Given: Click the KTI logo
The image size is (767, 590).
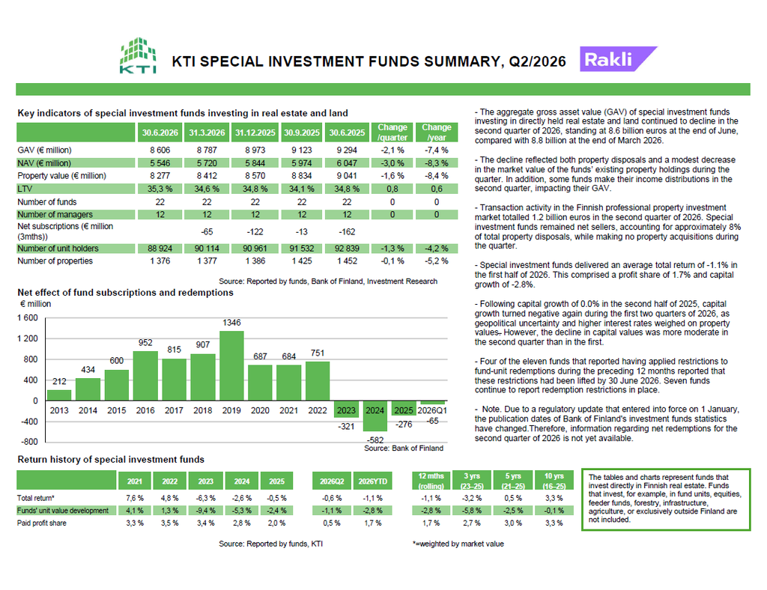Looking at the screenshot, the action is pos(138,55).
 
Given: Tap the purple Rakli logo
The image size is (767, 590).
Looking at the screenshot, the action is pos(618,59).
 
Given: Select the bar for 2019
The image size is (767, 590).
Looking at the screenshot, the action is pos(231,365).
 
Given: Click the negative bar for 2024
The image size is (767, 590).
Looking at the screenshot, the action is pos(375,416).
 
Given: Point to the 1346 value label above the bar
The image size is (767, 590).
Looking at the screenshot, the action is pos(231,323).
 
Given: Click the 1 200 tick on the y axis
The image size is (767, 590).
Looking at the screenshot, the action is pos(28,338).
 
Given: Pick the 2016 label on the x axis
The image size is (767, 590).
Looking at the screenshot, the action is pos(145,410).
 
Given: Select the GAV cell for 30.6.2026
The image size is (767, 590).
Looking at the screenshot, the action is pos(160,150).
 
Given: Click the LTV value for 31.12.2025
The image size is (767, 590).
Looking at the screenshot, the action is pos(255,189).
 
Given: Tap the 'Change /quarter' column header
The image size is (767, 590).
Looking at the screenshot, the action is pos(392,132).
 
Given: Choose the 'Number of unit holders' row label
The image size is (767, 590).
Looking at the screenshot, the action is pos(58,249).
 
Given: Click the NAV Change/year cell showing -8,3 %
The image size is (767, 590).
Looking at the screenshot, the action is pos(437,163).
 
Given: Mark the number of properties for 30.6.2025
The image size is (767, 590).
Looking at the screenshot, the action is pos(347,261).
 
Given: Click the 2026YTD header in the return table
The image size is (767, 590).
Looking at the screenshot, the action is pos(373,481).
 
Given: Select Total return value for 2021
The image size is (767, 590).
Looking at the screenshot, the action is pos(135,498).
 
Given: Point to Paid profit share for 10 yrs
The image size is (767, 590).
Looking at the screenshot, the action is pos(554,523).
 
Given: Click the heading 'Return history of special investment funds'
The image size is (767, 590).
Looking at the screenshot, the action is pos(111,460).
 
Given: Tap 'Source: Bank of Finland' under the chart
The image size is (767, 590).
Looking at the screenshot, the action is pos(404,448).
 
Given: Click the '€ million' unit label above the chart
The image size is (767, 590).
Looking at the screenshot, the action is pos(35,304).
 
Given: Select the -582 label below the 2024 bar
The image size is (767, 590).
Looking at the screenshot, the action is pos(375,440).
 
